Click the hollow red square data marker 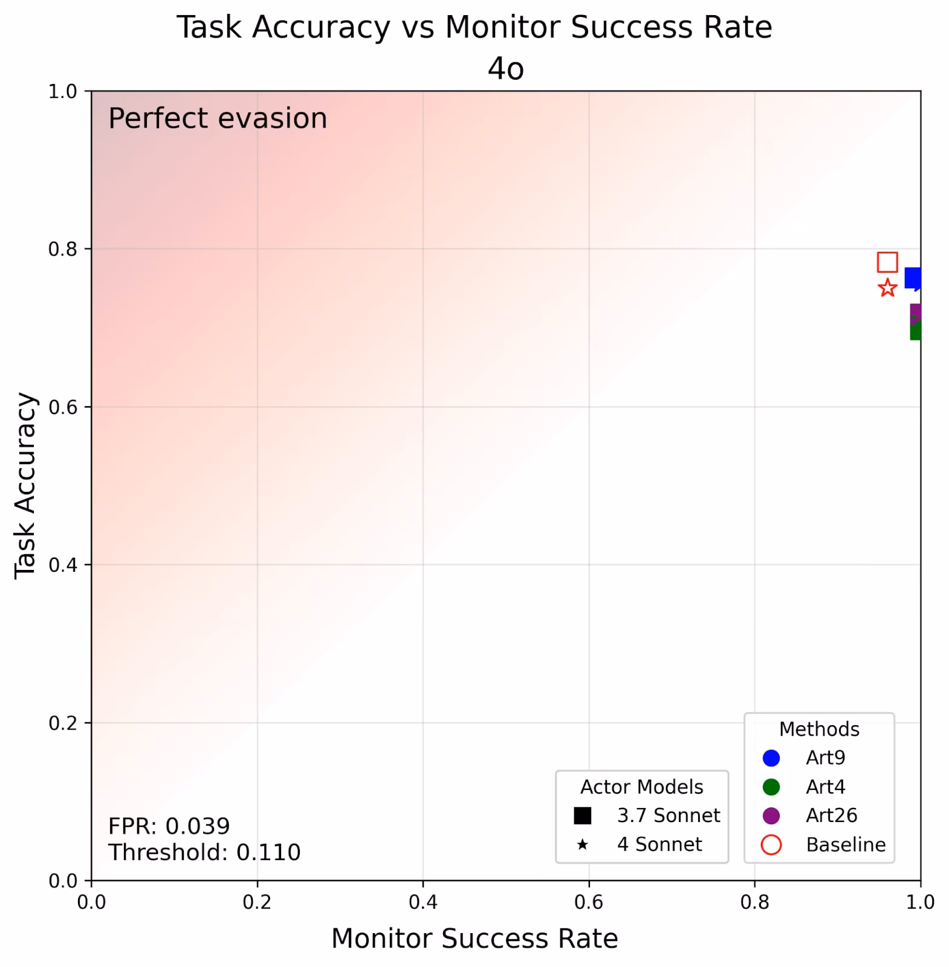[x=887, y=262]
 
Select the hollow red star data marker [x=887, y=288]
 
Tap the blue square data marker [x=912, y=278]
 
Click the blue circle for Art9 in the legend [x=771, y=758]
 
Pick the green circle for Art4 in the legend [x=771, y=787]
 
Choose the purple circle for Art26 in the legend [x=771, y=816]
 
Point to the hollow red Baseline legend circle [x=771, y=845]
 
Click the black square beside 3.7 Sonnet [x=582, y=816]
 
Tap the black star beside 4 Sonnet [x=582, y=845]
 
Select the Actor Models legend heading [x=641, y=787]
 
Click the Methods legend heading [x=819, y=729]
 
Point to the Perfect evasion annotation [x=218, y=118]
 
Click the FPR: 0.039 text [x=169, y=826]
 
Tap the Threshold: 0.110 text [x=204, y=853]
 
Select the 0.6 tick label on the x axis [x=589, y=902]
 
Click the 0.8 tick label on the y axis [x=63, y=249]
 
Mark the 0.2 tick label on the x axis [x=257, y=902]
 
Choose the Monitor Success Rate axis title [x=474, y=939]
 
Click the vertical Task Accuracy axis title [x=25, y=486]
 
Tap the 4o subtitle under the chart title [x=505, y=69]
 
